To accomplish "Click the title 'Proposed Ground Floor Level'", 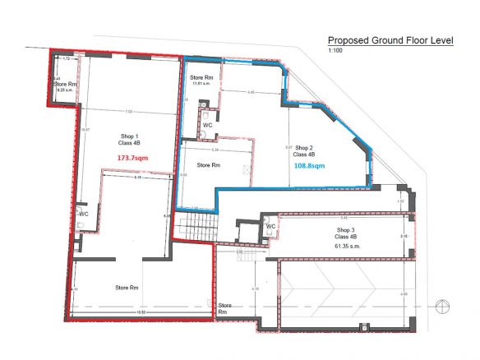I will click(x=390, y=39).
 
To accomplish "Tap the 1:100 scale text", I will click(x=335, y=52).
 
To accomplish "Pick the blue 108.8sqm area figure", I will click(x=309, y=165).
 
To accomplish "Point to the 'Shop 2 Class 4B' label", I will click(x=306, y=150).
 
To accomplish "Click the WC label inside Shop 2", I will click(x=208, y=125).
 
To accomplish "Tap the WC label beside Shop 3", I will click(x=270, y=226).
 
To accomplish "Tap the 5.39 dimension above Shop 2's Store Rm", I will click(x=215, y=150).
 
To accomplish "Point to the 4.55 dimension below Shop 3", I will click(x=403, y=293).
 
